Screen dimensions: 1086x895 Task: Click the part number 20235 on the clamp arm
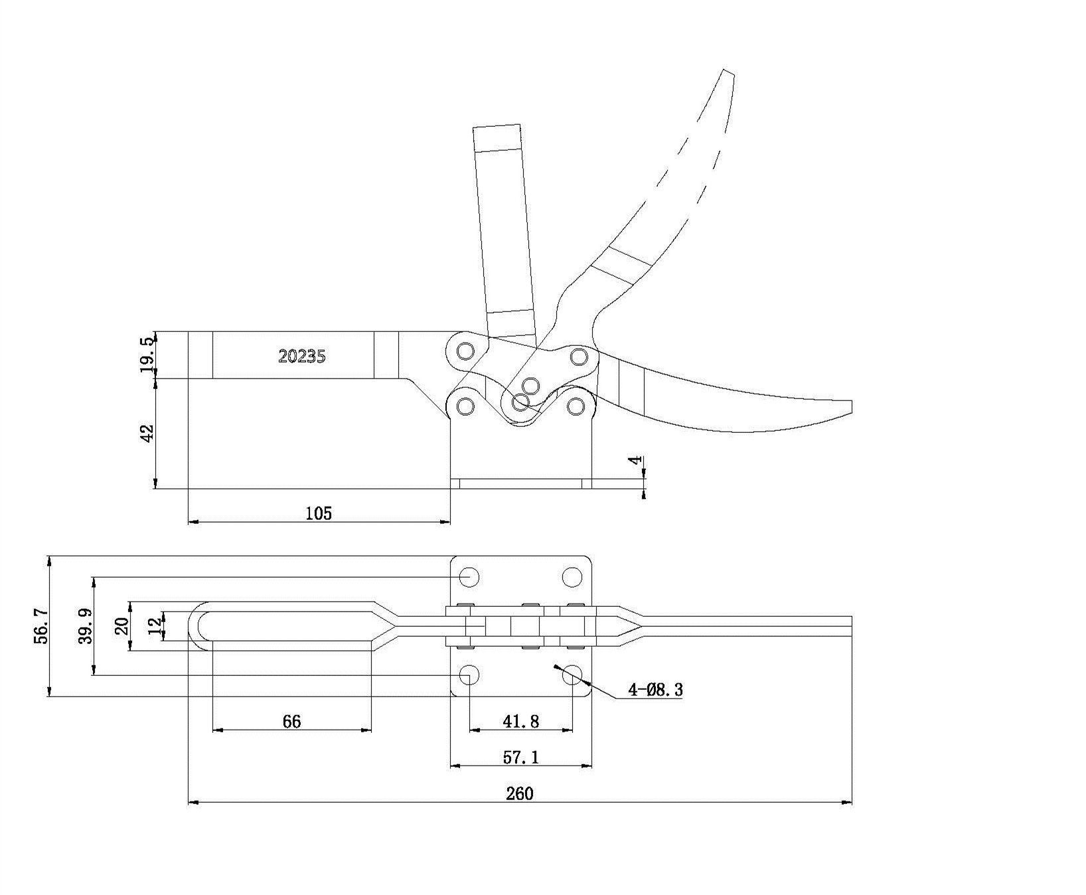tap(302, 356)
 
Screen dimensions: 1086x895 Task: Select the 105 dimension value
tap(319, 513)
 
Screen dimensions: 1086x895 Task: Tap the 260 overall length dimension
tap(519, 793)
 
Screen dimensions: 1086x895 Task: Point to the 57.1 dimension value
tap(521, 757)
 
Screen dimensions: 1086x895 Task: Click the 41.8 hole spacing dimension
tap(521, 721)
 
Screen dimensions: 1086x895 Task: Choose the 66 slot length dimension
tap(291, 721)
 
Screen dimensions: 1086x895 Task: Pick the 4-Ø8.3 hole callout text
tap(655, 690)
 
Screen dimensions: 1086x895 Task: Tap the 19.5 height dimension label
tap(147, 355)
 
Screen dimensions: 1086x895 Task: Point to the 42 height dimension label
tap(147, 433)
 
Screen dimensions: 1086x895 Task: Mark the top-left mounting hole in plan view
tap(469, 576)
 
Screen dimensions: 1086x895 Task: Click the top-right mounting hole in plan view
tap(572, 576)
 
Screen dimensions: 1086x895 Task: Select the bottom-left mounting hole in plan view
tap(469, 676)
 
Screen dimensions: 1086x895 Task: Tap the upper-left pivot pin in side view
tap(465, 350)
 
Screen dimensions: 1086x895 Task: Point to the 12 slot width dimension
tap(155, 626)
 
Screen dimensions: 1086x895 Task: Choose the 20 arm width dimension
tap(122, 626)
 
